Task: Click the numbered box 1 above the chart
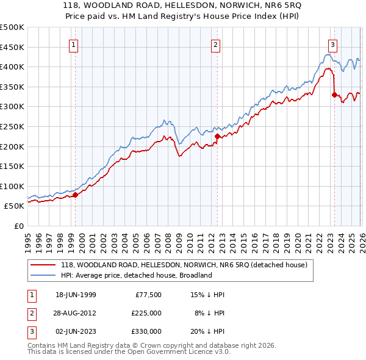73,45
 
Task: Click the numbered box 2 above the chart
215,45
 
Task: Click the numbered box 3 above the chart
332,45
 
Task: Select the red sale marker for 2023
334,95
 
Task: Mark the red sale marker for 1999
76,195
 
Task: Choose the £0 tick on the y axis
18,226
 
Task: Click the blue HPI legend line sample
43,275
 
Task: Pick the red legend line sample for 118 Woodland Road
43,265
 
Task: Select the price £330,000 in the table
147,331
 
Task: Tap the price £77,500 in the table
149,295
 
